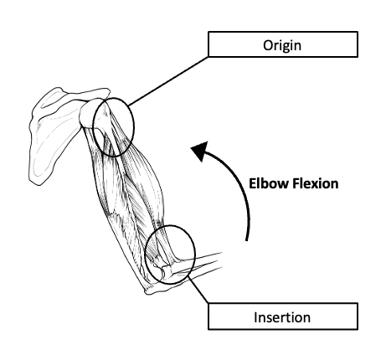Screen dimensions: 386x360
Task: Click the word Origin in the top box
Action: tap(282, 45)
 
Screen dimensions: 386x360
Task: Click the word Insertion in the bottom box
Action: tap(282, 317)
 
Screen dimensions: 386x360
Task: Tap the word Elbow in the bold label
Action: tap(269, 183)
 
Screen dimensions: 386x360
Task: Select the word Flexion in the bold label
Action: tap(316, 183)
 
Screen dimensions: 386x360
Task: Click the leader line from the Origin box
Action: tap(168, 81)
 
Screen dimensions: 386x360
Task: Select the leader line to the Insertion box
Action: tap(198, 290)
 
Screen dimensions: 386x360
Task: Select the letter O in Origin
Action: tap(268, 45)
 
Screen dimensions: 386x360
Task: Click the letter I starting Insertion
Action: tap(255, 317)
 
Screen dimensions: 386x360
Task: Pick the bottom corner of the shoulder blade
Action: tap(39, 183)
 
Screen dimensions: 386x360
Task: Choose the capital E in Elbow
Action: tap(252, 183)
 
